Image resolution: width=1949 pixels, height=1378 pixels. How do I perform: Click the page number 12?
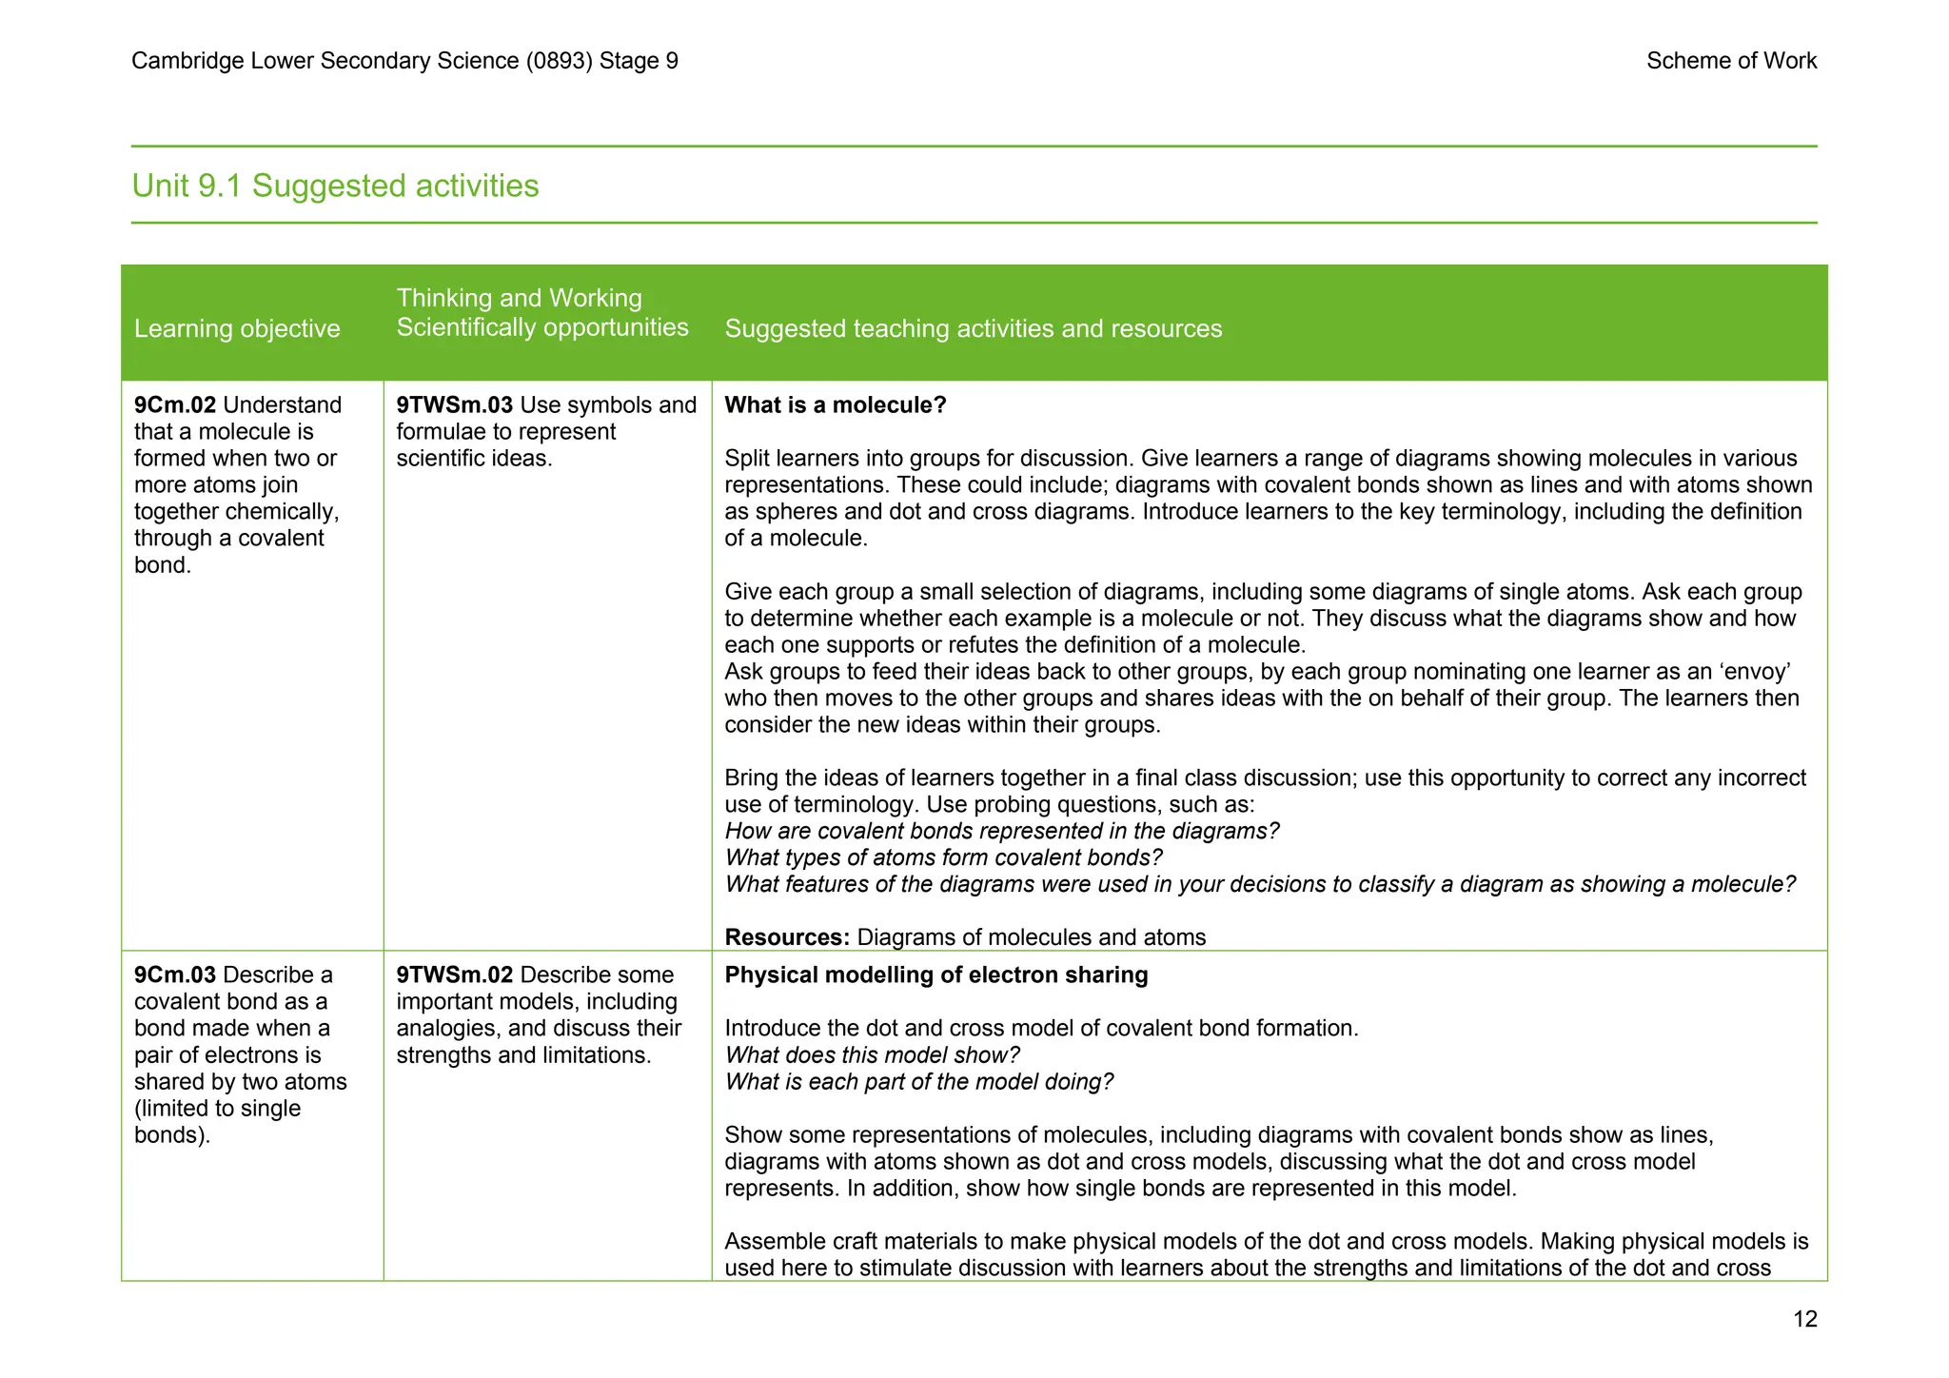[1804, 1318]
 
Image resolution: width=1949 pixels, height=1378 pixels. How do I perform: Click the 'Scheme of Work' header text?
[1730, 61]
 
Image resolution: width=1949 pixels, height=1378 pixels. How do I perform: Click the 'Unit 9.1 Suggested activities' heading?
[335, 186]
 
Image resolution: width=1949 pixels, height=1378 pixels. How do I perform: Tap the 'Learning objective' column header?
[237, 328]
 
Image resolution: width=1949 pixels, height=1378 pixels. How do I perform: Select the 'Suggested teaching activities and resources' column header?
[973, 328]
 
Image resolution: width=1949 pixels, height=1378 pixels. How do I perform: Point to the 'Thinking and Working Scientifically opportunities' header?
[541, 313]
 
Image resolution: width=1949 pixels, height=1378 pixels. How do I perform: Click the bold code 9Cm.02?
[175, 404]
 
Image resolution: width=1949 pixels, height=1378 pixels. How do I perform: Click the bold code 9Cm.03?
[175, 974]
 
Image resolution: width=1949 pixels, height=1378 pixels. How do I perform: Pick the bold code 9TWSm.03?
[454, 404]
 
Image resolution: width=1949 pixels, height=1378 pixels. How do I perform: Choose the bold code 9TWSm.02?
[454, 974]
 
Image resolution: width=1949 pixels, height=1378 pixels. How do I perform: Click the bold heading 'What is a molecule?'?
[835, 404]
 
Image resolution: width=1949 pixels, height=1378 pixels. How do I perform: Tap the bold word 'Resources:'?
[786, 936]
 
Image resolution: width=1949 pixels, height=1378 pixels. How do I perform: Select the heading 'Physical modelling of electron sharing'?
[935, 974]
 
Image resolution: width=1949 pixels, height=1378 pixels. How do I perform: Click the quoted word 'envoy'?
[1760, 671]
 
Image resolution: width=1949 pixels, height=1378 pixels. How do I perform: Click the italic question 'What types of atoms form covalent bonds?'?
[943, 857]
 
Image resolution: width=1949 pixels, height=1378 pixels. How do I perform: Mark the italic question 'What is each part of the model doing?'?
[918, 1081]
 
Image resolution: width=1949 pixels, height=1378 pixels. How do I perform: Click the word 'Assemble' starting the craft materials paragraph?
[768, 1241]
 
